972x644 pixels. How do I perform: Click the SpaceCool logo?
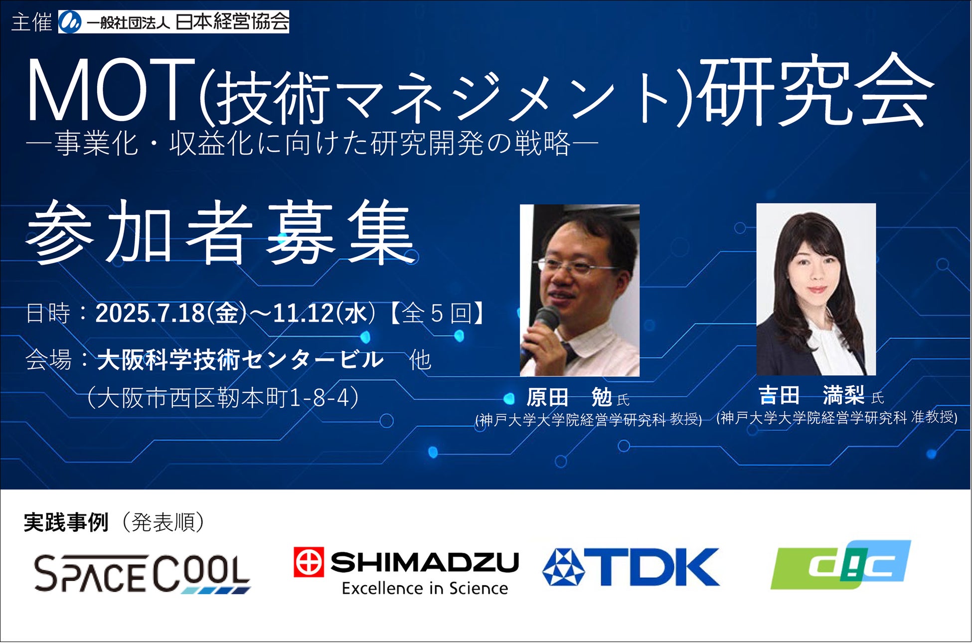point(142,574)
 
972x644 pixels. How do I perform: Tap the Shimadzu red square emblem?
point(309,562)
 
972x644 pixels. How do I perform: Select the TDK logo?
point(631,567)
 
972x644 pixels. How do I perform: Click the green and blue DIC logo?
point(840,565)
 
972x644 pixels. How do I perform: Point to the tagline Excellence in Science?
point(425,589)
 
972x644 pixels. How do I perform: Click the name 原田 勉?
point(569,398)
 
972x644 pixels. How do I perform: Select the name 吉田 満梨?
point(811,396)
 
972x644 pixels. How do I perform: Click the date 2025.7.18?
point(150,314)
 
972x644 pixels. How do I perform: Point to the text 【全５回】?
point(437,314)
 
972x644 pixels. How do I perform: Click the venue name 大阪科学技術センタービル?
point(240,360)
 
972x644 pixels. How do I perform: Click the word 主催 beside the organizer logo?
point(31,22)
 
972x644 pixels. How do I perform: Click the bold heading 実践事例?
point(66,522)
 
